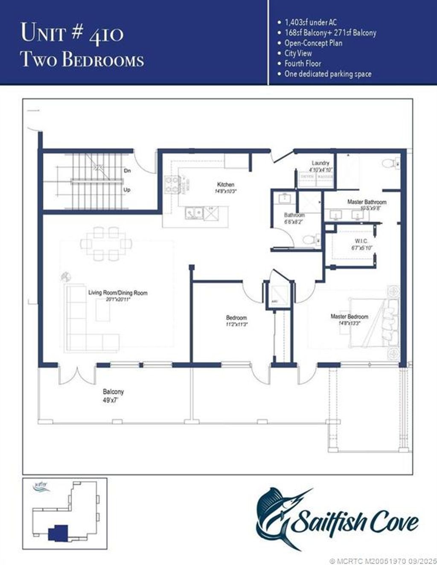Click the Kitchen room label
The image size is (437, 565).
pos(226,184)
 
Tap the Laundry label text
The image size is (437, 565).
pos(320,163)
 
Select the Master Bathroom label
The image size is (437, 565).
pos(367,202)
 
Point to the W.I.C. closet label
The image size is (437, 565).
pos(361,241)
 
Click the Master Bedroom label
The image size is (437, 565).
pos(349,317)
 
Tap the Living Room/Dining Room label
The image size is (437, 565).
pos(118,293)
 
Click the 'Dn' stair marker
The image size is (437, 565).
pos(127,170)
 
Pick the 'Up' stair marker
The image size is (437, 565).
pos(127,190)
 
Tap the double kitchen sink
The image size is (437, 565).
pos(194,213)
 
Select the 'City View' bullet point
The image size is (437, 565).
pos(298,53)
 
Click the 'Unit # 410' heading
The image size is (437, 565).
pos(73,32)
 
